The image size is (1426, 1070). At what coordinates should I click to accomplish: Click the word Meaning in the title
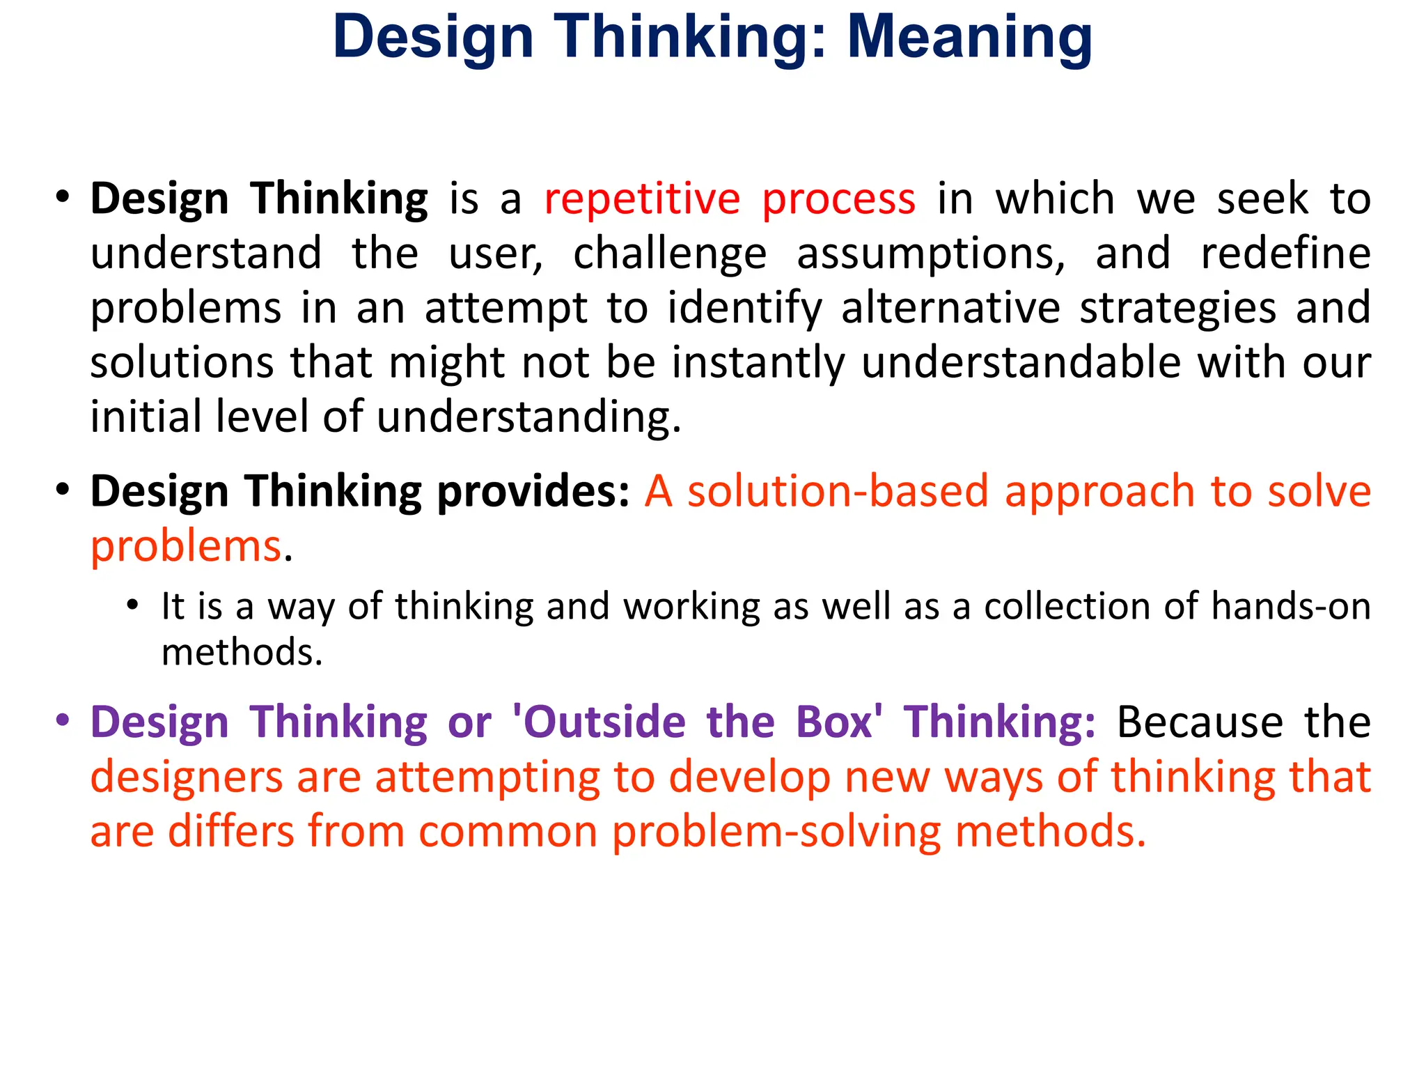tap(969, 38)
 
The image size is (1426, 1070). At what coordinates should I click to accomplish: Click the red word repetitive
tap(642, 200)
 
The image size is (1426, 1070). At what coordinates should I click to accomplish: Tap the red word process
tap(838, 200)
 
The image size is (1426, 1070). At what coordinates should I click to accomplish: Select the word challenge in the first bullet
tap(670, 254)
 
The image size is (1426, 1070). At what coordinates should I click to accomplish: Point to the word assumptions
tap(931, 254)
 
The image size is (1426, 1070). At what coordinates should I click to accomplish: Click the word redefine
tap(1285, 253)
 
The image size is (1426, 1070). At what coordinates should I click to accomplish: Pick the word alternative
tap(950, 308)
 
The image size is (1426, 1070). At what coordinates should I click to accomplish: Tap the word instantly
tap(758, 364)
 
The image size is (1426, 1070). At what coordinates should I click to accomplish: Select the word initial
tap(146, 417)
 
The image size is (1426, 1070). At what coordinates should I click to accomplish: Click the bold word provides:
tap(533, 493)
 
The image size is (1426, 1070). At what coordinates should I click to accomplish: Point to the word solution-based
tap(838, 491)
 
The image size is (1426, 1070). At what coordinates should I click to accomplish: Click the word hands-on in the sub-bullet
tap(1290, 606)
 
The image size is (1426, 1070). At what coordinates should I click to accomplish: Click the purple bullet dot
tap(63, 720)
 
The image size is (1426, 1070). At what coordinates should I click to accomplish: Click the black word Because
tap(1200, 722)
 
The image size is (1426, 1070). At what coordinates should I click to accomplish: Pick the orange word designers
tap(187, 777)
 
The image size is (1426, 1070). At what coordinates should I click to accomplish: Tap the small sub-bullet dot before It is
tap(133, 605)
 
